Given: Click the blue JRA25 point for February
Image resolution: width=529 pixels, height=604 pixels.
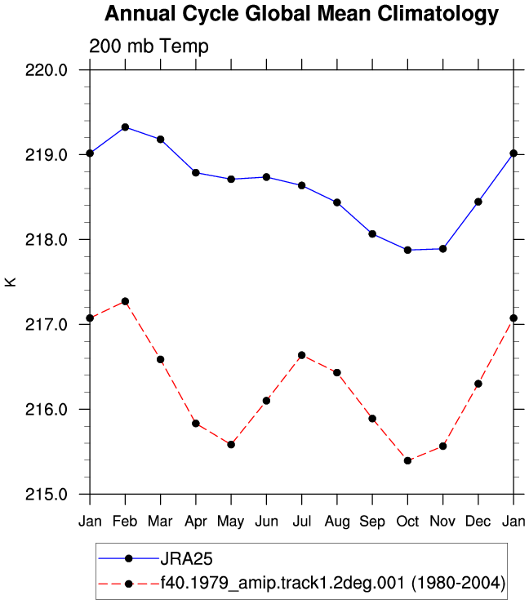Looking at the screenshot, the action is pos(125,127).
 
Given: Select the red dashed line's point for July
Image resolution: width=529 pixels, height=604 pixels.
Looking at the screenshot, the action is pos(302,355).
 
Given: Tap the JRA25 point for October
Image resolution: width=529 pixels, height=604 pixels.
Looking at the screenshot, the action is pos(407,250).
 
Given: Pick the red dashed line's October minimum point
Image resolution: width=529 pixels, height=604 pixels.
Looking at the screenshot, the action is pos(407,460).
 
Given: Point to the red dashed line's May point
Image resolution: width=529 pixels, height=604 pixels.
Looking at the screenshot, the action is pos(231,445).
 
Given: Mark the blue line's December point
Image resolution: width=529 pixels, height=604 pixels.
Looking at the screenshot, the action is pos(478,202).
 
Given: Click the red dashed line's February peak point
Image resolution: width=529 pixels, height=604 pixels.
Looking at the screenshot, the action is pos(125,301).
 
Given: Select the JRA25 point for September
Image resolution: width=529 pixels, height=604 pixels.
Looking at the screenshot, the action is pos(372,233).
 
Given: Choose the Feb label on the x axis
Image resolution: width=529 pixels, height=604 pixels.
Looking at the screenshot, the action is pos(125,522).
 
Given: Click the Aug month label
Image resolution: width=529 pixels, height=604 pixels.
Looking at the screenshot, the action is pos(337,522).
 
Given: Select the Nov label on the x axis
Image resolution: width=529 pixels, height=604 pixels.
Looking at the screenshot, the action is pos(442,522).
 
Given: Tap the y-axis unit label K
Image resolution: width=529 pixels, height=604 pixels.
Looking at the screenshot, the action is pos(11,282).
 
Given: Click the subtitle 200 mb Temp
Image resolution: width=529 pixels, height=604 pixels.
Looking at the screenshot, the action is pos(149,47).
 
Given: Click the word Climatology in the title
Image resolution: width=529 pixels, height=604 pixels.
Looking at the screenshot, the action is pos(438,14).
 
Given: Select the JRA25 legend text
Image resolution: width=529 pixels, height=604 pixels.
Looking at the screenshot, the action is pos(186,558).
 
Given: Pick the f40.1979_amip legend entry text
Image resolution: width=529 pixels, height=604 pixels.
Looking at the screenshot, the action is pos(333,584).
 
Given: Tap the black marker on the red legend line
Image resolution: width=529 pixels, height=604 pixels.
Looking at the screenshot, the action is pos(129,584).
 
